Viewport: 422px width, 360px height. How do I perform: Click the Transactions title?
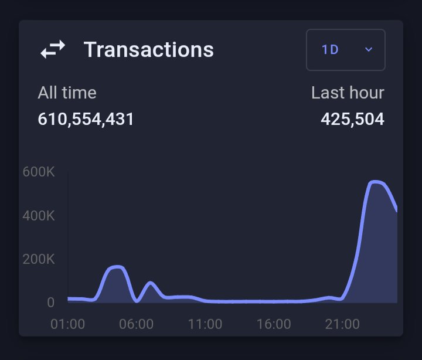pyautogui.click(x=148, y=50)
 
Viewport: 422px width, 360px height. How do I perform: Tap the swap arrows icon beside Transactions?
pyautogui.click(x=53, y=50)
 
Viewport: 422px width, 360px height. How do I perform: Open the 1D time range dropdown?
pyautogui.click(x=345, y=50)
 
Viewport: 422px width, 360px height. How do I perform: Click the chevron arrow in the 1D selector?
pyautogui.click(x=369, y=50)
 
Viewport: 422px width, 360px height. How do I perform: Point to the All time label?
pyautogui.click(x=67, y=93)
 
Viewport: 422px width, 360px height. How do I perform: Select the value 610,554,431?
pyautogui.click(x=86, y=120)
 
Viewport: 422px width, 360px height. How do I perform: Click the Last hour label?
pyautogui.click(x=348, y=93)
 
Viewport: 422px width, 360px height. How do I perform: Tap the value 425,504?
pyautogui.click(x=352, y=120)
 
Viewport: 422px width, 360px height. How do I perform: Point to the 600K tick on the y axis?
pyautogui.click(x=39, y=172)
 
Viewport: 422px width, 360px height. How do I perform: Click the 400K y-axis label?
pyautogui.click(x=39, y=216)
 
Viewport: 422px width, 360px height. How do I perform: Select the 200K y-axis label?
pyautogui.click(x=39, y=259)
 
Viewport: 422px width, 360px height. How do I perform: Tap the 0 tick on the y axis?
pyautogui.click(x=50, y=303)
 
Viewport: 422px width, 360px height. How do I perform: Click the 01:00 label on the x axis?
pyautogui.click(x=69, y=324)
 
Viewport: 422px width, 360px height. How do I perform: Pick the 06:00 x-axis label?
pyautogui.click(x=137, y=324)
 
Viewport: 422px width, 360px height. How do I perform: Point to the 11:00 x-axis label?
pyautogui.click(x=205, y=324)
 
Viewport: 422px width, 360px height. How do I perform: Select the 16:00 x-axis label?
pyautogui.click(x=274, y=324)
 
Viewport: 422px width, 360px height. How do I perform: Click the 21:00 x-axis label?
pyautogui.click(x=342, y=324)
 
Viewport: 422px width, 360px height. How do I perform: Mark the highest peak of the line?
pyautogui.click(x=375, y=182)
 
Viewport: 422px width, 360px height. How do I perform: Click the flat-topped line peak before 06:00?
pyautogui.click(x=115, y=267)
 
